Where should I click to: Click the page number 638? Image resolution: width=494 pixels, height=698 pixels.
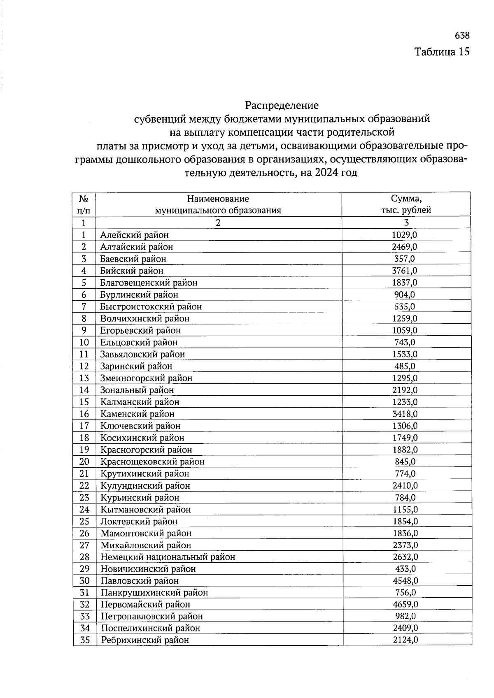(x=462, y=36)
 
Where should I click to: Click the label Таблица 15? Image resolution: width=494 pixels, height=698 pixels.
(x=442, y=52)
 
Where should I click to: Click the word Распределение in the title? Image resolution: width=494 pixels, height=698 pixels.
(x=282, y=106)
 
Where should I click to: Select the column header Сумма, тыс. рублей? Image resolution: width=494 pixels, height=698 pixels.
(x=406, y=204)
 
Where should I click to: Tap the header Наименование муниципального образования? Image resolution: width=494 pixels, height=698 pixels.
(x=218, y=204)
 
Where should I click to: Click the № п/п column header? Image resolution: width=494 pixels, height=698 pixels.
(x=84, y=204)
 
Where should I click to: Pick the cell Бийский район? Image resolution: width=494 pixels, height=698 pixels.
(x=132, y=271)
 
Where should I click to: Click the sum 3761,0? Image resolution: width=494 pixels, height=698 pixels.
(x=405, y=271)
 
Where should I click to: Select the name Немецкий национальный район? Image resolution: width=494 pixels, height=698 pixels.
(x=168, y=557)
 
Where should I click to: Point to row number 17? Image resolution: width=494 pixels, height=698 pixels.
(x=84, y=426)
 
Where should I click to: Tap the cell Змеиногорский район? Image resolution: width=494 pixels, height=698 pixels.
(x=146, y=378)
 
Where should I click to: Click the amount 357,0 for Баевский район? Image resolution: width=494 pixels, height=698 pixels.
(x=405, y=259)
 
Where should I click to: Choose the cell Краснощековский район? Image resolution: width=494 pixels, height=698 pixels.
(x=152, y=462)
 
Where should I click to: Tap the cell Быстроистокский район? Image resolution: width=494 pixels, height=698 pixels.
(x=151, y=307)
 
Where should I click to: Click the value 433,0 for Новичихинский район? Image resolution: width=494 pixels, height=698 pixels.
(x=405, y=569)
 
